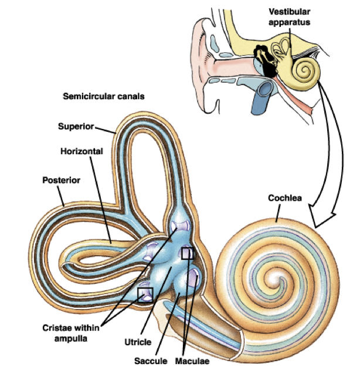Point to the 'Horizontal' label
pos(81,151)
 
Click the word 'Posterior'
pos(60,180)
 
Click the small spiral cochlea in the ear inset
pos(305,72)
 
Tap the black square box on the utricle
pos(188,253)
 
